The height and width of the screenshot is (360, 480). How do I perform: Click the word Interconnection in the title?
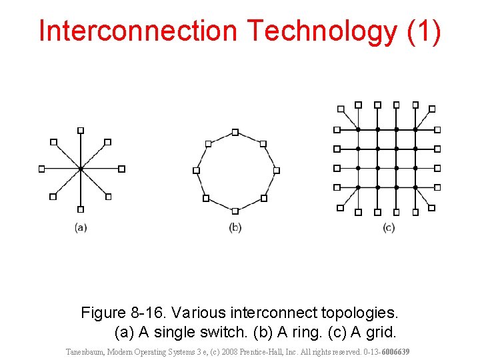(138, 31)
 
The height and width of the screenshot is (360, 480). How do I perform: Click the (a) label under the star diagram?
(81, 227)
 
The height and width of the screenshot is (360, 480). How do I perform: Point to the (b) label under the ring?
(235, 227)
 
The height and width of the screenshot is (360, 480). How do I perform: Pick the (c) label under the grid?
(389, 227)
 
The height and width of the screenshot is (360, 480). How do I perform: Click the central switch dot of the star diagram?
(81, 169)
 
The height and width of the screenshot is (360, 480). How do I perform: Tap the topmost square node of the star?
(81, 130)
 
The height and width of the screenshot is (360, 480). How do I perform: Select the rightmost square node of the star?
(121, 169)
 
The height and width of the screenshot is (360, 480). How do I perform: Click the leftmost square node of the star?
(41, 169)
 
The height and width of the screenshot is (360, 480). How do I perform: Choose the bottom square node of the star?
(81, 209)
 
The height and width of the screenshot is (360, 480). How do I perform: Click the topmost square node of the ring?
(235, 132)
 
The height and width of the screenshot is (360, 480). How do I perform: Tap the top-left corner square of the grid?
(341, 109)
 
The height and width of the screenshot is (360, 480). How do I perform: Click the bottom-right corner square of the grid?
(431, 208)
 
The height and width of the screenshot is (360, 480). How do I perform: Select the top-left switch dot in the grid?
(359, 129)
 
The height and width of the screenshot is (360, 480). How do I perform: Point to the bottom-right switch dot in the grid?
(415, 187)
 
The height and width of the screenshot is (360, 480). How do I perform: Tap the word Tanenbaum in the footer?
(85, 351)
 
